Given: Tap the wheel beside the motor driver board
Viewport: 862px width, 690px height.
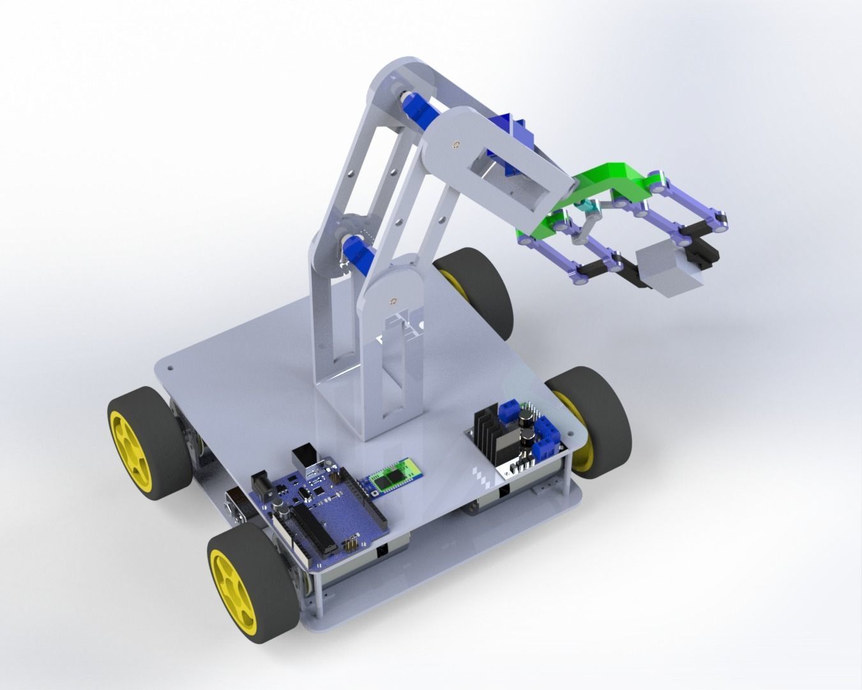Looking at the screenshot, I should pyautogui.click(x=591, y=422).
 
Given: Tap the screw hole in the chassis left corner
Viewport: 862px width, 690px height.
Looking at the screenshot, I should pyautogui.click(x=170, y=369).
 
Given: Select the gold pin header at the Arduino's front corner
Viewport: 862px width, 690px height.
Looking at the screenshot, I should pyautogui.click(x=350, y=546).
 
